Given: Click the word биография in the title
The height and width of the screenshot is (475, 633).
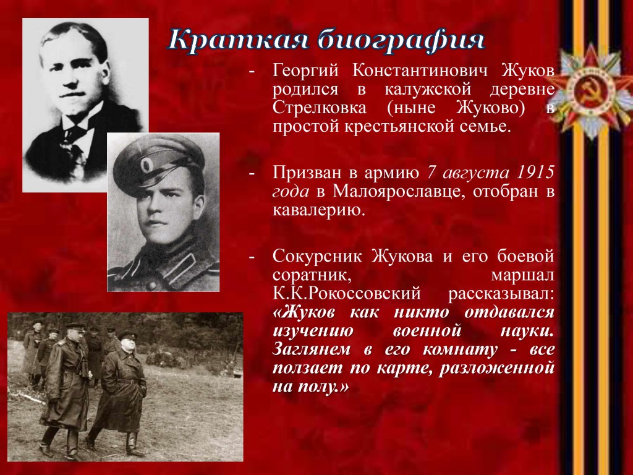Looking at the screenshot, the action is pos(401,40).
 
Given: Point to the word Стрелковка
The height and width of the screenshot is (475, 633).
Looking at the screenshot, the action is pos(320,108).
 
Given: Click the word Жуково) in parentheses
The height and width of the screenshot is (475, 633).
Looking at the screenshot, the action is pos(491,108).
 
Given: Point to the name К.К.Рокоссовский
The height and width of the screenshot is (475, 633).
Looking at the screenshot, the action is pos(347,294).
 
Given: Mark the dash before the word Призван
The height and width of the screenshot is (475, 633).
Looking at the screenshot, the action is pos(252,173).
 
